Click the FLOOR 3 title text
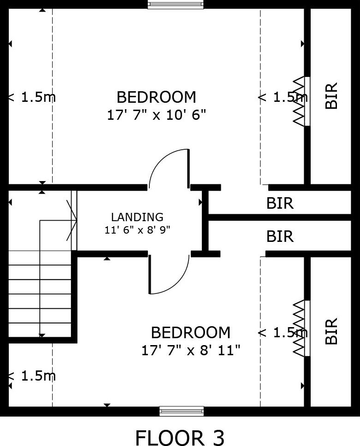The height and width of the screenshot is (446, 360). [x=180, y=437]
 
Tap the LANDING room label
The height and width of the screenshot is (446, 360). [x=137, y=217]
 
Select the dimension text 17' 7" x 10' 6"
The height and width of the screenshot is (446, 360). [x=156, y=115]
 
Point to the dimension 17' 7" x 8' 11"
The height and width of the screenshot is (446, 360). [x=191, y=350]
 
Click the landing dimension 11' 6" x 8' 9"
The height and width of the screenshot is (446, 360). [x=137, y=229]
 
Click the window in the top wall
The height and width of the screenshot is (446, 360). [x=176, y=5]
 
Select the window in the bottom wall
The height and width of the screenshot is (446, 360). [x=182, y=411]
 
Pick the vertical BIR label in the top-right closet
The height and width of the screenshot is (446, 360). [x=331, y=95]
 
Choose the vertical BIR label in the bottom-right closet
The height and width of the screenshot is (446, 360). [x=331, y=331]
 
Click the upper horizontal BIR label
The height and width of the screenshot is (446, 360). [x=280, y=203]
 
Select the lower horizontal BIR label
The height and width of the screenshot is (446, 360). [x=280, y=237]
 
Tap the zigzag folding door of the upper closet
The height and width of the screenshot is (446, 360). [x=299, y=101]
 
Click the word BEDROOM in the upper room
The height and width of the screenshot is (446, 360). [x=156, y=97]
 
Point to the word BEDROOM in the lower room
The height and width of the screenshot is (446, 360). [x=191, y=333]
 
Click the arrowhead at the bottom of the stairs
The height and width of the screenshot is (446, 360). [x=42, y=335]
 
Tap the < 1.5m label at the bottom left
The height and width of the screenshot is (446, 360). [x=32, y=376]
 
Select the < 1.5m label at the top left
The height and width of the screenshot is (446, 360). [x=32, y=97]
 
